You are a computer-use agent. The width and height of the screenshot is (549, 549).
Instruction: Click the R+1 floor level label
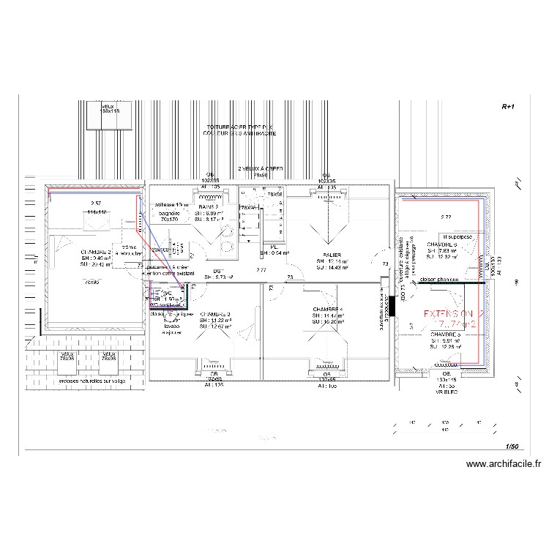[509, 106]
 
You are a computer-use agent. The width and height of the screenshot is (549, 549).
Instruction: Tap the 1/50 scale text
[510, 446]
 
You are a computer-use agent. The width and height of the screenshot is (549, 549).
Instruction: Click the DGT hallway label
[217, 272]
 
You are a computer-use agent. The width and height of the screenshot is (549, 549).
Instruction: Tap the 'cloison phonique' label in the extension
[439, 280]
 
